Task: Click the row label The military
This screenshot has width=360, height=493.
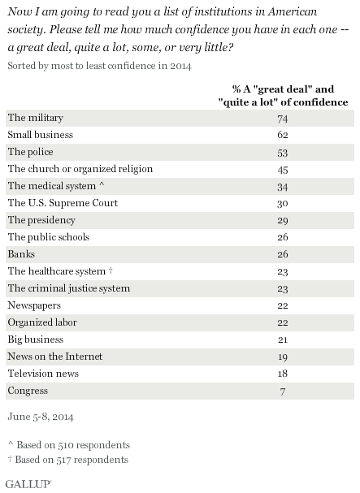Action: tap(36, 118)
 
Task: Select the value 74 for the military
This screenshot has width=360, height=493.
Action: tap(283, 119)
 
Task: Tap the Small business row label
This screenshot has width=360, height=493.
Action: tap(41, 135)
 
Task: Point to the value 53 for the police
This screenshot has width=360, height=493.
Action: tap(283, 153)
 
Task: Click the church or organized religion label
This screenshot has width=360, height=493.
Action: tap(80, 169)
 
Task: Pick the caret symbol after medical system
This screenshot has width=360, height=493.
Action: tap(102, 184)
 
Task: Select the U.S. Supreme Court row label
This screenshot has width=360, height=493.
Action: tap(63, 203)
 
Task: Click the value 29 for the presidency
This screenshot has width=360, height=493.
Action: tap(283, 221)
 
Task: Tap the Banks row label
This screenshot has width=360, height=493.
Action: tap(21, 254)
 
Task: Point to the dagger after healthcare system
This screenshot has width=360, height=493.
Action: tap(111, 270)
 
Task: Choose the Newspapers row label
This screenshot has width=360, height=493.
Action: tap(34, 305)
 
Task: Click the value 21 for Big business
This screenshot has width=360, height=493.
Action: tap(283, 339)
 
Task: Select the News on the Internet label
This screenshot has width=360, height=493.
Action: tap(55, 357)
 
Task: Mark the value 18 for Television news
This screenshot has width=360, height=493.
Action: tap(283, 374)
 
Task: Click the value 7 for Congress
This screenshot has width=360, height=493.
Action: tap(283, 391)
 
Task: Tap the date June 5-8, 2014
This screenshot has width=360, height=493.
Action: tap(41, 417)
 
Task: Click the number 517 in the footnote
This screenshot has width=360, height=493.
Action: tap(64, 460)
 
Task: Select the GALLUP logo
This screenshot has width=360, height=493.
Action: tap(28, 484)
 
